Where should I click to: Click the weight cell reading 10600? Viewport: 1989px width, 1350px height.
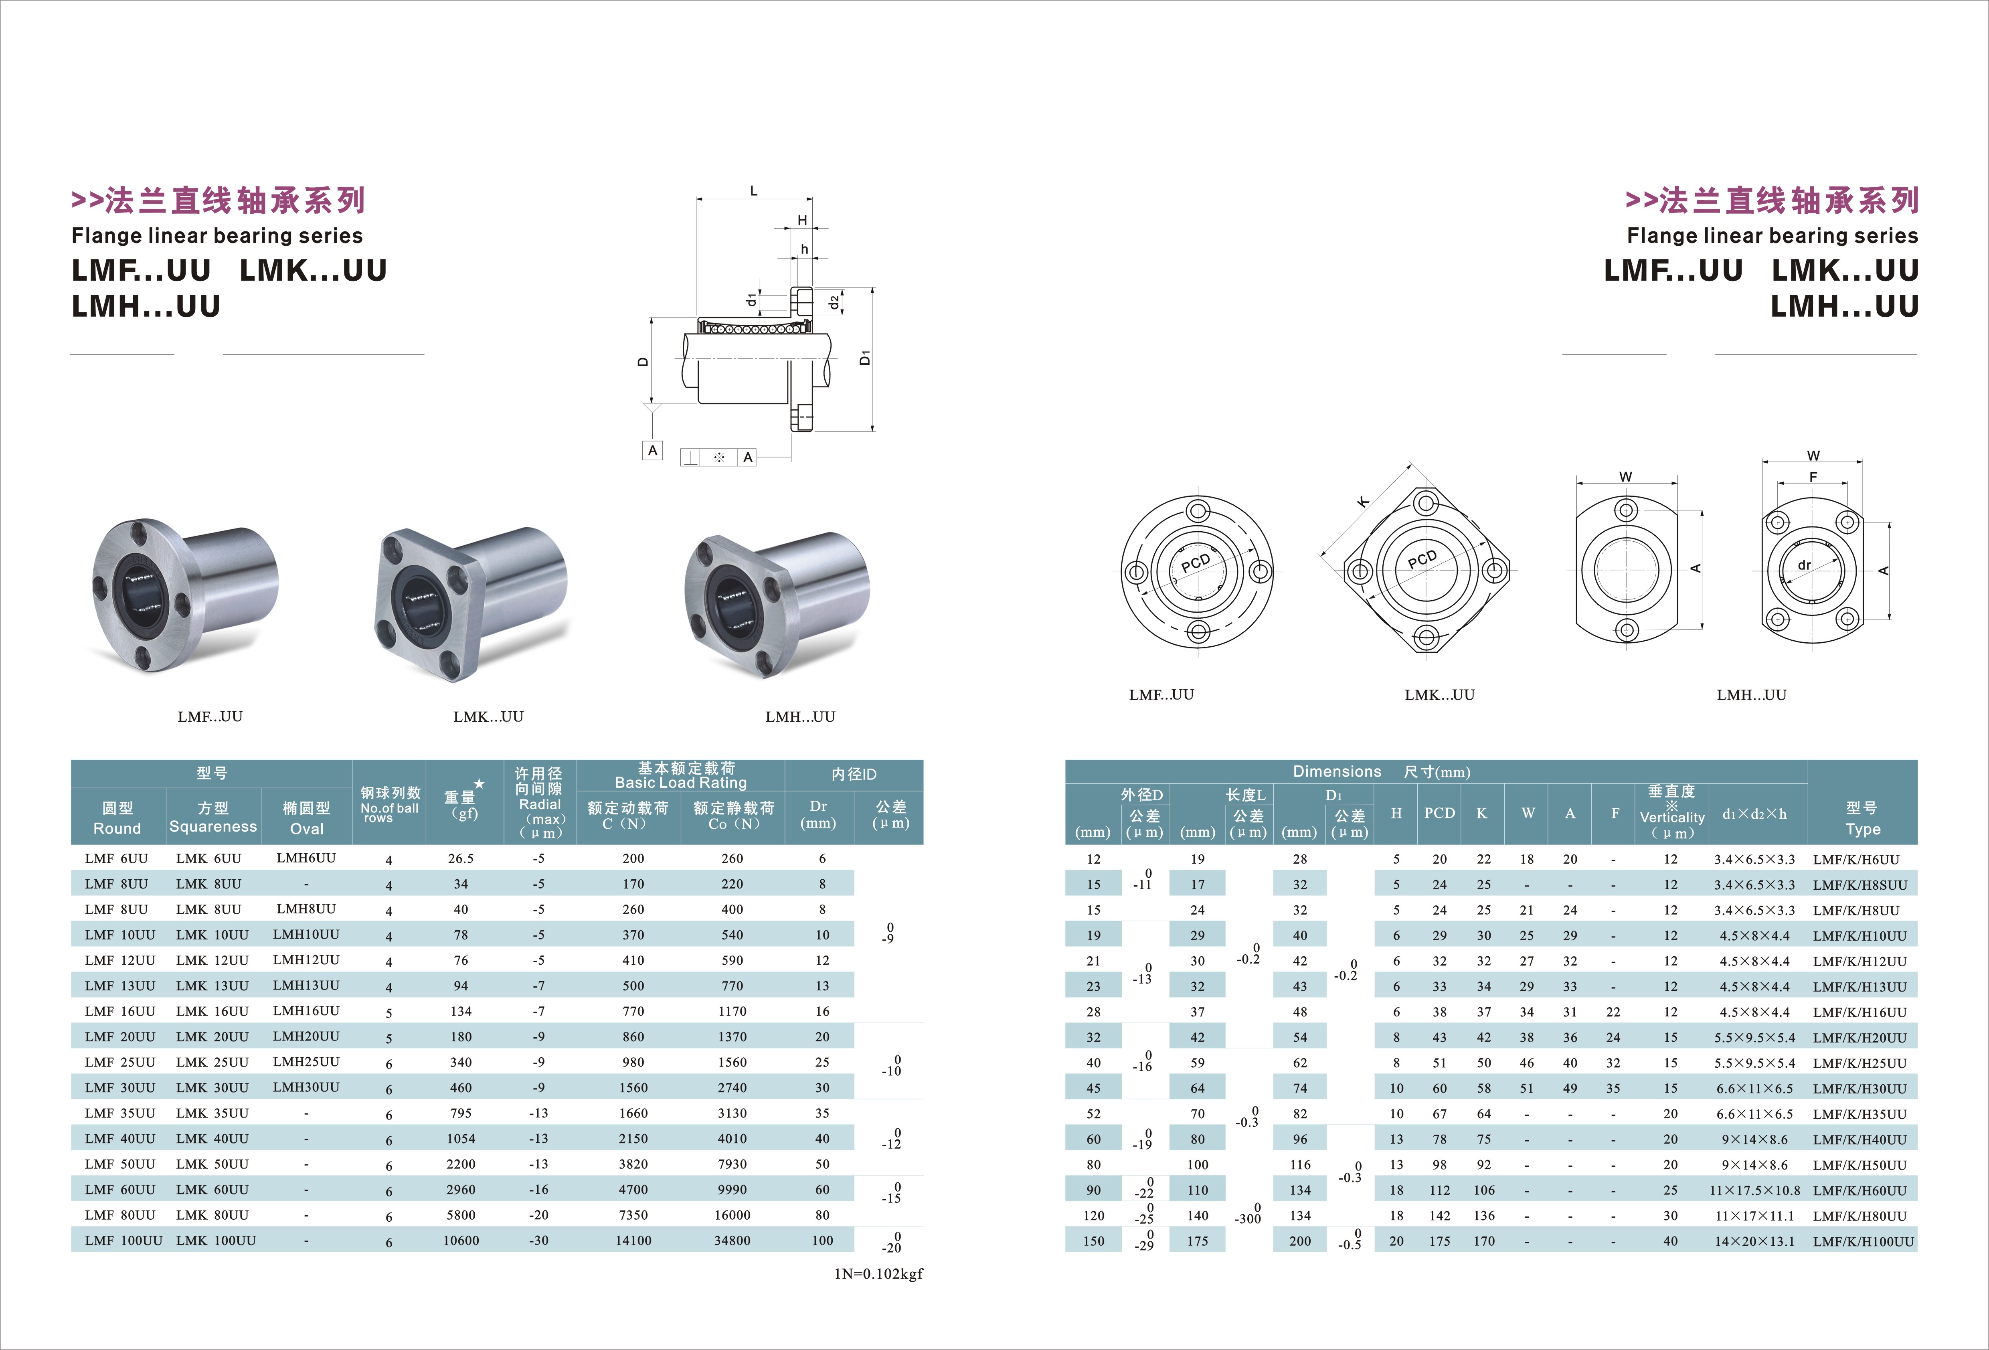tap(460, 1241)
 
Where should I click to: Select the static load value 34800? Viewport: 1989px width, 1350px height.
tap(732, 1241)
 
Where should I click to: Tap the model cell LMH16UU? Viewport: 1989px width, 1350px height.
tap(306, 1011)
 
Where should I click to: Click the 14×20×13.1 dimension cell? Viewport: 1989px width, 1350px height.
tap(1754, 1241)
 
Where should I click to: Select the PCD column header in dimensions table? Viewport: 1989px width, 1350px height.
tap(1440, 813)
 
